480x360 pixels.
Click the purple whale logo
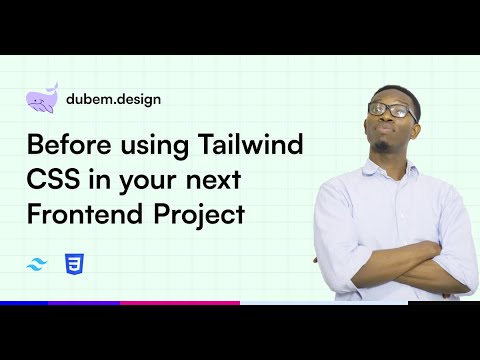click(42, 98)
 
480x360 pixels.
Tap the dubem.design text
click(112, 99)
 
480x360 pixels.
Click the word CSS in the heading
click(50, 180)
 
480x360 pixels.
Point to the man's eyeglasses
click(392, 110)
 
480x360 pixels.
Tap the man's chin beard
click(385, 147)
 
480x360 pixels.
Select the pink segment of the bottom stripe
click(180, 302)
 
